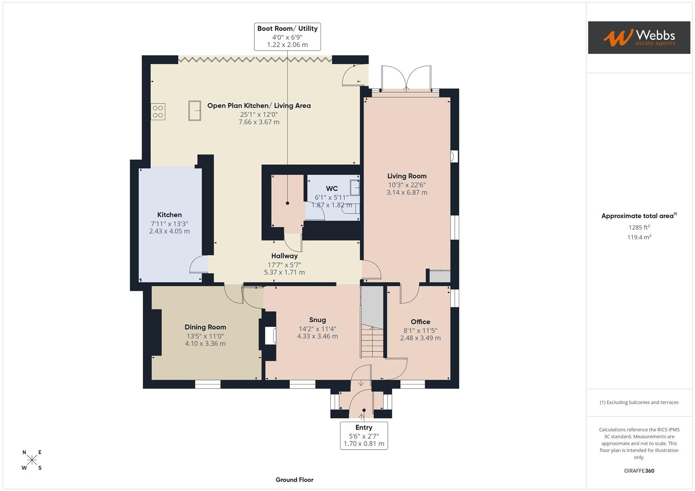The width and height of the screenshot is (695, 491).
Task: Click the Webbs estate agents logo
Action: coord(639,37)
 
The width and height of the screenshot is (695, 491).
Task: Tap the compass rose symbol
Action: coord(32,460)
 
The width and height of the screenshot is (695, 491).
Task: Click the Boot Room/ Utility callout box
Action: coord(287,36)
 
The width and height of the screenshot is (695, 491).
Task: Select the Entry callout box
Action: coord(364,436)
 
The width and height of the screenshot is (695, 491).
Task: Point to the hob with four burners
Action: coord(158,111)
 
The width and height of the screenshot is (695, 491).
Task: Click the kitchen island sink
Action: coord(195,110)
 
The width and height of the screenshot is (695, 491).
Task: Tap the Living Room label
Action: coord(406,176)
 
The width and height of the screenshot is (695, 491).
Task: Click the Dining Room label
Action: coord(205,327)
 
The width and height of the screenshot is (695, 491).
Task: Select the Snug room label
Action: coord(317,320)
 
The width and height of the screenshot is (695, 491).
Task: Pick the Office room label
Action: coord(420,321)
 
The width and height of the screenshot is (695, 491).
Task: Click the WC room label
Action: coord(332,189)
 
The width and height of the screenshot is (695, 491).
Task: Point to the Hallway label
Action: coord(284,256)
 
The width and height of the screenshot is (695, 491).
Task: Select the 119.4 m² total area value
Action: coord(639,237)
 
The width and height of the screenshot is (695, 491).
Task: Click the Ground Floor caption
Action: coord(294,480)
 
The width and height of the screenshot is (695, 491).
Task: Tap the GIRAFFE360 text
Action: coord(639,471)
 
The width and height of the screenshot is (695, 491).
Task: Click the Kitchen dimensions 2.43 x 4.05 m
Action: coord(169,231)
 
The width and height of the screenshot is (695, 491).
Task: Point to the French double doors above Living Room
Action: coord(406,78)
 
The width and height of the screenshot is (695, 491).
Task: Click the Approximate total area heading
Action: coord(639,216)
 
